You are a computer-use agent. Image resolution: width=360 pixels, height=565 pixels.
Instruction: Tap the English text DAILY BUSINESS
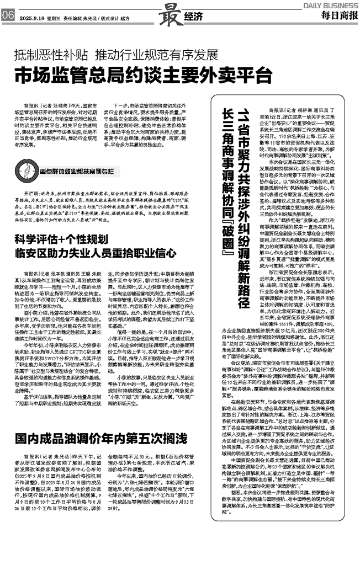[x=330, y=4]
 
